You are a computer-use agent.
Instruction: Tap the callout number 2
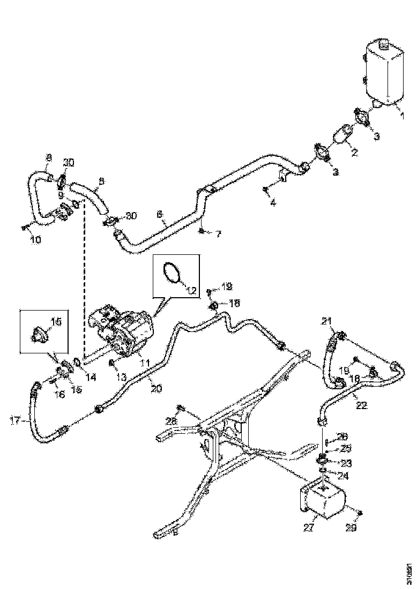pos(354,152)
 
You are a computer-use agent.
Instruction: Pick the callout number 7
pos(218,235)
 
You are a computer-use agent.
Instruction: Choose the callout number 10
pos(35,240)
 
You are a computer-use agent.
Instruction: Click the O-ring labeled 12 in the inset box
pos(172,272)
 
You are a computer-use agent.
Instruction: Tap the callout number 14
pos(91,377)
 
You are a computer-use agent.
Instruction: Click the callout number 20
pos(155,389)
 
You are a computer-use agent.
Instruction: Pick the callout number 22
pos(362,405)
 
